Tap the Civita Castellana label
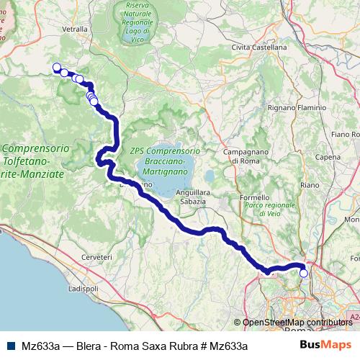point(259,47)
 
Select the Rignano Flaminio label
point(297,107)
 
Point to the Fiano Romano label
point(345,134)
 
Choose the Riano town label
point(310,185)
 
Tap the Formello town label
point(254,197)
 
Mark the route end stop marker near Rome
point(304,273)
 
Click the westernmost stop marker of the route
point(57,67)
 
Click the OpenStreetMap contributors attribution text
point(297,323)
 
